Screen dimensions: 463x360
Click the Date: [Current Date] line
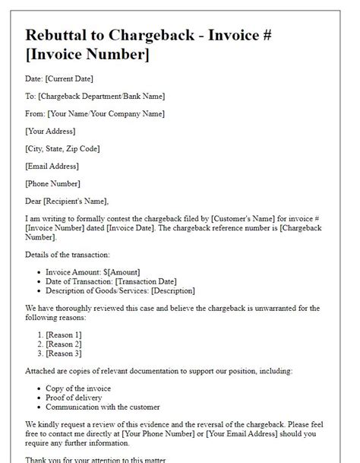tap(59, 79)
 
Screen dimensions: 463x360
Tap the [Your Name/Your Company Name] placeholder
tap(116, 114)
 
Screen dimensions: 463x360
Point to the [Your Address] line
tap(52, 132)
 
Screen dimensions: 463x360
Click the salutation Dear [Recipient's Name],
tap(67, 201)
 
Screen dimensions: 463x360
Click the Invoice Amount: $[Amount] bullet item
tap(93, 272)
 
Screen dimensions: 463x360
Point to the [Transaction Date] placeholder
tap(150, 281)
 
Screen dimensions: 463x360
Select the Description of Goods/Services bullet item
tap(120, 290)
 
